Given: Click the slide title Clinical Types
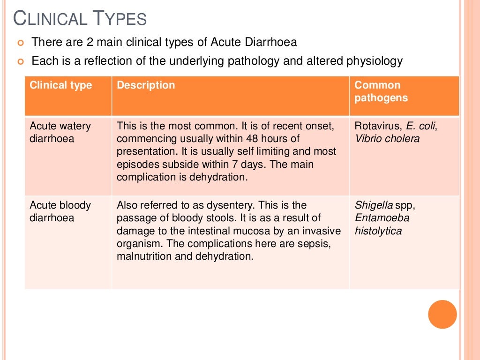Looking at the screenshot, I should tap(80, 19).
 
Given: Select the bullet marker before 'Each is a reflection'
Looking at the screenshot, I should tap(20, 62).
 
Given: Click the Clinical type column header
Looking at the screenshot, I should tap(61, 85).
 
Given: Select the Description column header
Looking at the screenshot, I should tap(146, 85).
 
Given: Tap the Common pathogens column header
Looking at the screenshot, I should tap(381, 91).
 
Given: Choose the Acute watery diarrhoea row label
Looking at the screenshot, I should tap(60, 132).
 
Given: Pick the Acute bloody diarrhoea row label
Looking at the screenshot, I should tap(60, 211).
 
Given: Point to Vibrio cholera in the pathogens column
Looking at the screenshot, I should tap(387, 139).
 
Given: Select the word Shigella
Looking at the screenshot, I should tap(373, 205).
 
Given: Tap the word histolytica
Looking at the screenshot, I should tap(378, 231).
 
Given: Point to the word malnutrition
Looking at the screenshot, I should tap(142, 256).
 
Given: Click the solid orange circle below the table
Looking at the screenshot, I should tap(442, 314).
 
